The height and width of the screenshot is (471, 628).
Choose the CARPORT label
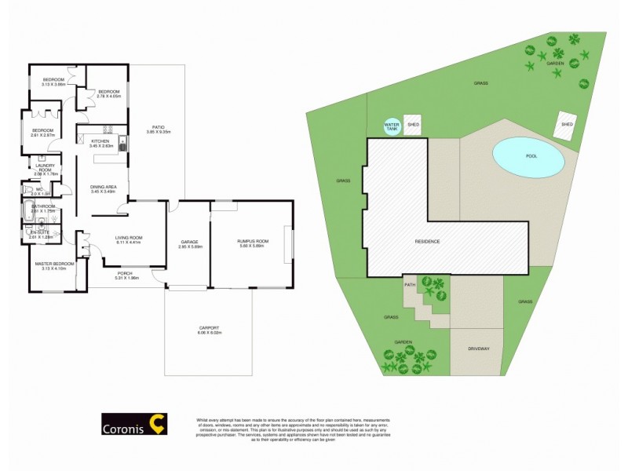coord(209,330)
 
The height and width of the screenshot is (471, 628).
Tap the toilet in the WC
coord(27,189)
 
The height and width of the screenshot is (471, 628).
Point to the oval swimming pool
coord(528,157)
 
